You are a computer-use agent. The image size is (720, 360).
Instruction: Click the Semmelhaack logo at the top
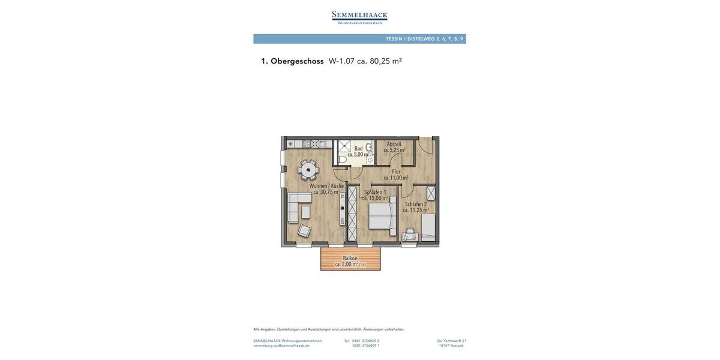coord(359,17)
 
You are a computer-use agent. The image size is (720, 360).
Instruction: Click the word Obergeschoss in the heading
coord(297,61)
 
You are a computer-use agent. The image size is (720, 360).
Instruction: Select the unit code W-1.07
coord(341,61)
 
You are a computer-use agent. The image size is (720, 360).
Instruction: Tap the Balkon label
coord(350,259)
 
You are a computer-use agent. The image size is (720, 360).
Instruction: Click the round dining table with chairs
coord(308,170)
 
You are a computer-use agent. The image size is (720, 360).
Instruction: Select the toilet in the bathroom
coord(343,160)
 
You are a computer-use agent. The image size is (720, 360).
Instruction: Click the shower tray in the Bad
coord(344,146)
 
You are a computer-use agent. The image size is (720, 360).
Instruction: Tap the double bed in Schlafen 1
coord(382,216)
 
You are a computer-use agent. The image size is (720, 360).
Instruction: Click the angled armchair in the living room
coord(304,230)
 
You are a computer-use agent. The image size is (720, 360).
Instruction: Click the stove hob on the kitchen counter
coord(307,144)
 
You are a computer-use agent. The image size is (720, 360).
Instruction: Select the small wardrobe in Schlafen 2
coord(431,193)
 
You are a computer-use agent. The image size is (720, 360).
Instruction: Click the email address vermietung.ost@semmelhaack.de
coord(281,346)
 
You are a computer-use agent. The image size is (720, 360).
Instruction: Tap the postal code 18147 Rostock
coord(451,346)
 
